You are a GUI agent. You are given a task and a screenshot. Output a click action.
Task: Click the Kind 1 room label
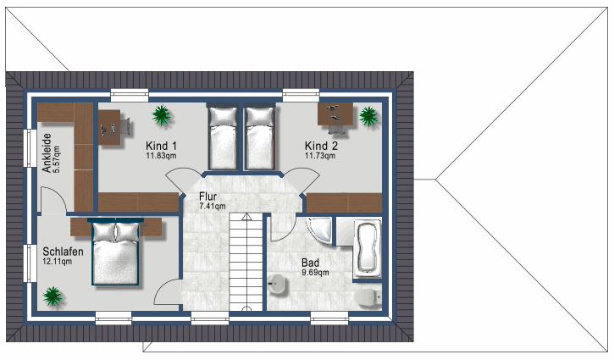161,146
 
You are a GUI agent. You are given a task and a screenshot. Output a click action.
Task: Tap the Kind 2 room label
321,146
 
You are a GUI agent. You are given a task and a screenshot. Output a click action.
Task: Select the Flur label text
207,197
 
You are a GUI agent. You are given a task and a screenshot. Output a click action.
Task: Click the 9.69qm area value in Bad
315,272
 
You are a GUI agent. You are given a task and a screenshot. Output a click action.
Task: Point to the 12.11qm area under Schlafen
58,261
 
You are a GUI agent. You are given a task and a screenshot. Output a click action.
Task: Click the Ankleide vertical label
47,152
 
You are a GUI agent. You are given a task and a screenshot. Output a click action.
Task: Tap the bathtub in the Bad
368,248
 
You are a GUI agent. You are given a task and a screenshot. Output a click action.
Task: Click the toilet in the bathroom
368,297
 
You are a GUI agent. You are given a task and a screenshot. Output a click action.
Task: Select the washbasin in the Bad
277,284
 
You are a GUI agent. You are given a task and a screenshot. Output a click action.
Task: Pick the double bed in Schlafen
116,252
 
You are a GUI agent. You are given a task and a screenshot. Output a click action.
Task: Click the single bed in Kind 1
223,137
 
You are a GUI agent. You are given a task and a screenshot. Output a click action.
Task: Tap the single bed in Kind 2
260,137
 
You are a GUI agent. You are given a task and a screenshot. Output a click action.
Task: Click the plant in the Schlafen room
52,296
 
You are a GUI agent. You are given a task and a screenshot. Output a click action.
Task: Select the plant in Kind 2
368,116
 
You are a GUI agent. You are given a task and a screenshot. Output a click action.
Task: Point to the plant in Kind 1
162,115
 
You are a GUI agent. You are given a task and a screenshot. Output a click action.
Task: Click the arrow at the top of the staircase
246,217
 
